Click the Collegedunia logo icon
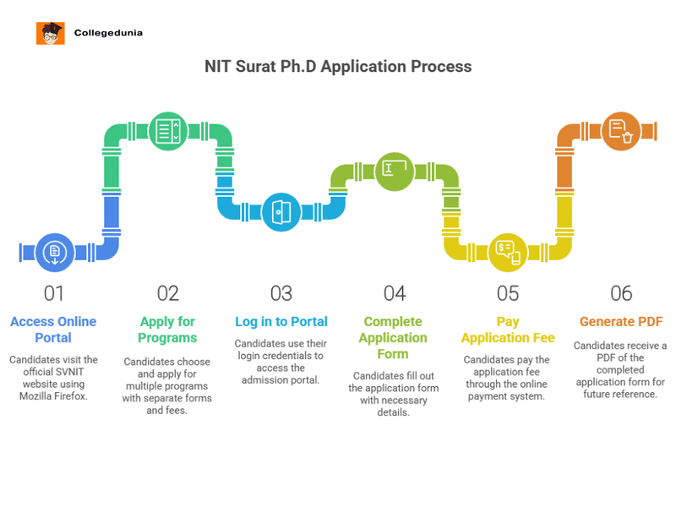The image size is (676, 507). [51, 33]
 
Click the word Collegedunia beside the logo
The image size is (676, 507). [108, 33]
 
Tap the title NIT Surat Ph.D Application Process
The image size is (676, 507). [338, 66]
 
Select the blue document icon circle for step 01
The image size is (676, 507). [54, 252]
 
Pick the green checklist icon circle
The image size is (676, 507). [168, 131]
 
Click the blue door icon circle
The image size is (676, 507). [281, 212]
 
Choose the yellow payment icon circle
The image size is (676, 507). [508, 252]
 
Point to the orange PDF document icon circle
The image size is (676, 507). [621, 131]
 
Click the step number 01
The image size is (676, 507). [54, 293]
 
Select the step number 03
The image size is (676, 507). [281, 293]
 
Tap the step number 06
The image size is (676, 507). [621, 293]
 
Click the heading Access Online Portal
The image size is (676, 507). [53, 330]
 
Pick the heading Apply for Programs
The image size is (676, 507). [167, 330]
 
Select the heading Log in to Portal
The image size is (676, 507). [281, 322]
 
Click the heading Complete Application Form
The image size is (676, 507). [394, 338]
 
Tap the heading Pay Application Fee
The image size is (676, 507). [508, 330]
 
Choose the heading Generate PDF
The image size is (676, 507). [621, 322]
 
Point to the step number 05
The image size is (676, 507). [508, 293]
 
